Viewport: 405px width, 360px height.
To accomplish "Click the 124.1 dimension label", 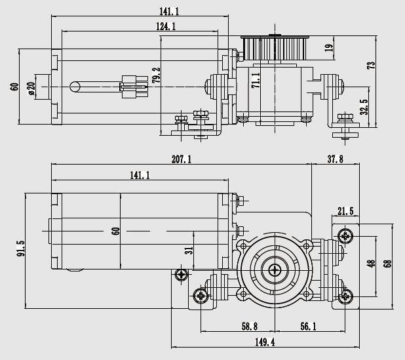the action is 166,26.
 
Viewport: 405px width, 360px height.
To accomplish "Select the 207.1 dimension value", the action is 182,159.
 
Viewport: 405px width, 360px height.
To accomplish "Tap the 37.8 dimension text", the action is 336,159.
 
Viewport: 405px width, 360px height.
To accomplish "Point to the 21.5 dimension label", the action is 345,211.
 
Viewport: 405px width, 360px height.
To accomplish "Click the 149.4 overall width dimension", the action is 265,342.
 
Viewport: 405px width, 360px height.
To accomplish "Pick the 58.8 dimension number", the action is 250,327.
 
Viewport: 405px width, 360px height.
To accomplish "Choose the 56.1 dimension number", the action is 308,327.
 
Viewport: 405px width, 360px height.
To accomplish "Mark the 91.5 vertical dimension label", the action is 21,249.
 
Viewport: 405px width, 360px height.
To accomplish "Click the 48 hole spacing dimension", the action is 371,264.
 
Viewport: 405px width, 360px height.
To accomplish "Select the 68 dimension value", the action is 388,264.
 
